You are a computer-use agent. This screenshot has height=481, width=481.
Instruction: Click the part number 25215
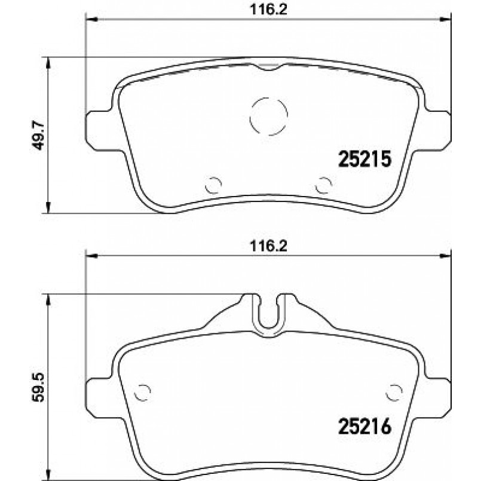coord(364,159)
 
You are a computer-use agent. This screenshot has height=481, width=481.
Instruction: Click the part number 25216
coord(364,426)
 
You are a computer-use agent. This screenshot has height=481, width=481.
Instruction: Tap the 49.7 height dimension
coord(39,135)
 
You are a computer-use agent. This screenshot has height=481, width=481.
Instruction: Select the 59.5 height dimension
coord(39,387)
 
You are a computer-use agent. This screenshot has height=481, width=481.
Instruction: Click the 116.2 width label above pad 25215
coord(268,10)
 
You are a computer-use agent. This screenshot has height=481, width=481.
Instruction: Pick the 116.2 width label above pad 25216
coord(268,246)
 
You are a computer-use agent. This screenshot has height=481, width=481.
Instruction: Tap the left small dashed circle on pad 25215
coord(206,185)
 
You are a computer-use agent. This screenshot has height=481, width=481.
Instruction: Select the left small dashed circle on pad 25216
coord(135,393)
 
